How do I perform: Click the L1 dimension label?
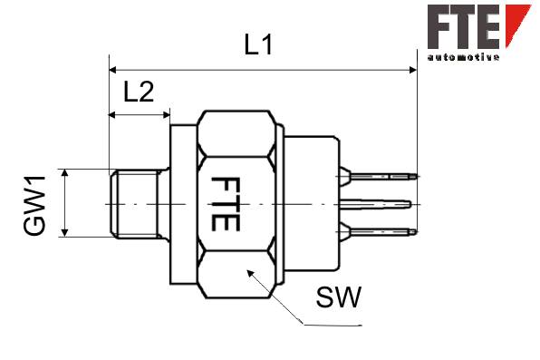point(258,44)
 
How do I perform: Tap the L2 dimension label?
point(139,92)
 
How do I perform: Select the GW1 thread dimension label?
point(34,206)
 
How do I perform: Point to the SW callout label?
point(339,297)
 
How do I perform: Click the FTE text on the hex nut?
point(225,204)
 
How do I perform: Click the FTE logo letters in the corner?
point(464,26)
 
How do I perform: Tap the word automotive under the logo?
point(463,57)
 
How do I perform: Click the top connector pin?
point(379,177)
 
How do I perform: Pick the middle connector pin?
point(375,204)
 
